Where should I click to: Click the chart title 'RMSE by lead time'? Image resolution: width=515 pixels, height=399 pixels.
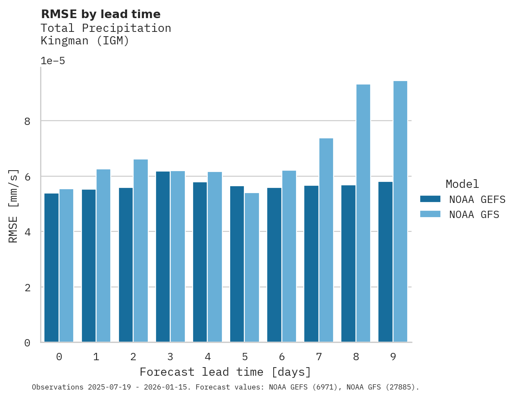100,14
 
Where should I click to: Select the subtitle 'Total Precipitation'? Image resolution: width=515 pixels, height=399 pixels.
106,28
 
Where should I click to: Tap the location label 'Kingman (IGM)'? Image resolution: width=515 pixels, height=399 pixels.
85,41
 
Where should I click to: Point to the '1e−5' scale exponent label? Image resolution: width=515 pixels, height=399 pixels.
53,61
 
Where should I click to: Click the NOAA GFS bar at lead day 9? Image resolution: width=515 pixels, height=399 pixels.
400,211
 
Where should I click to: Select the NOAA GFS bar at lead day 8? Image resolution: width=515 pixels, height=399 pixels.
363,213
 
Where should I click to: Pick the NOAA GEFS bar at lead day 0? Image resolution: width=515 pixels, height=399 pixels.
52,268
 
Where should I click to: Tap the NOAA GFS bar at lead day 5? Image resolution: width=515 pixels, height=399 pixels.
252,267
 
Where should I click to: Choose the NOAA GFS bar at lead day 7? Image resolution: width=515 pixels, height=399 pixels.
326,240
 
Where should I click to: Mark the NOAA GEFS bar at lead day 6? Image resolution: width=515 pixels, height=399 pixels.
274,265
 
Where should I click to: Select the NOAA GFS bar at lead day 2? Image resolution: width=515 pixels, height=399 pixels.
140,250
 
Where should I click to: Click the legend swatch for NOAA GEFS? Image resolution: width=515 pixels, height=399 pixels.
430,199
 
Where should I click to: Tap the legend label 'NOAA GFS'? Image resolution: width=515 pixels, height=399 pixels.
474,215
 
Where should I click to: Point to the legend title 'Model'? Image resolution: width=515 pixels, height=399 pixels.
462,184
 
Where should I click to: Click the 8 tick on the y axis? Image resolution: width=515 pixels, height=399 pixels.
27,121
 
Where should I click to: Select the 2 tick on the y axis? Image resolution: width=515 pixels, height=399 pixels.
27,287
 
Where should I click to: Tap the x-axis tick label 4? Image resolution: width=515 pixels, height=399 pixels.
207,357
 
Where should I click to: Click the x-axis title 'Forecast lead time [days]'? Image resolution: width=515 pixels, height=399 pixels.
225,372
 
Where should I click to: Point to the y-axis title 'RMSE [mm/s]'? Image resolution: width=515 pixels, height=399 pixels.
13,206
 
